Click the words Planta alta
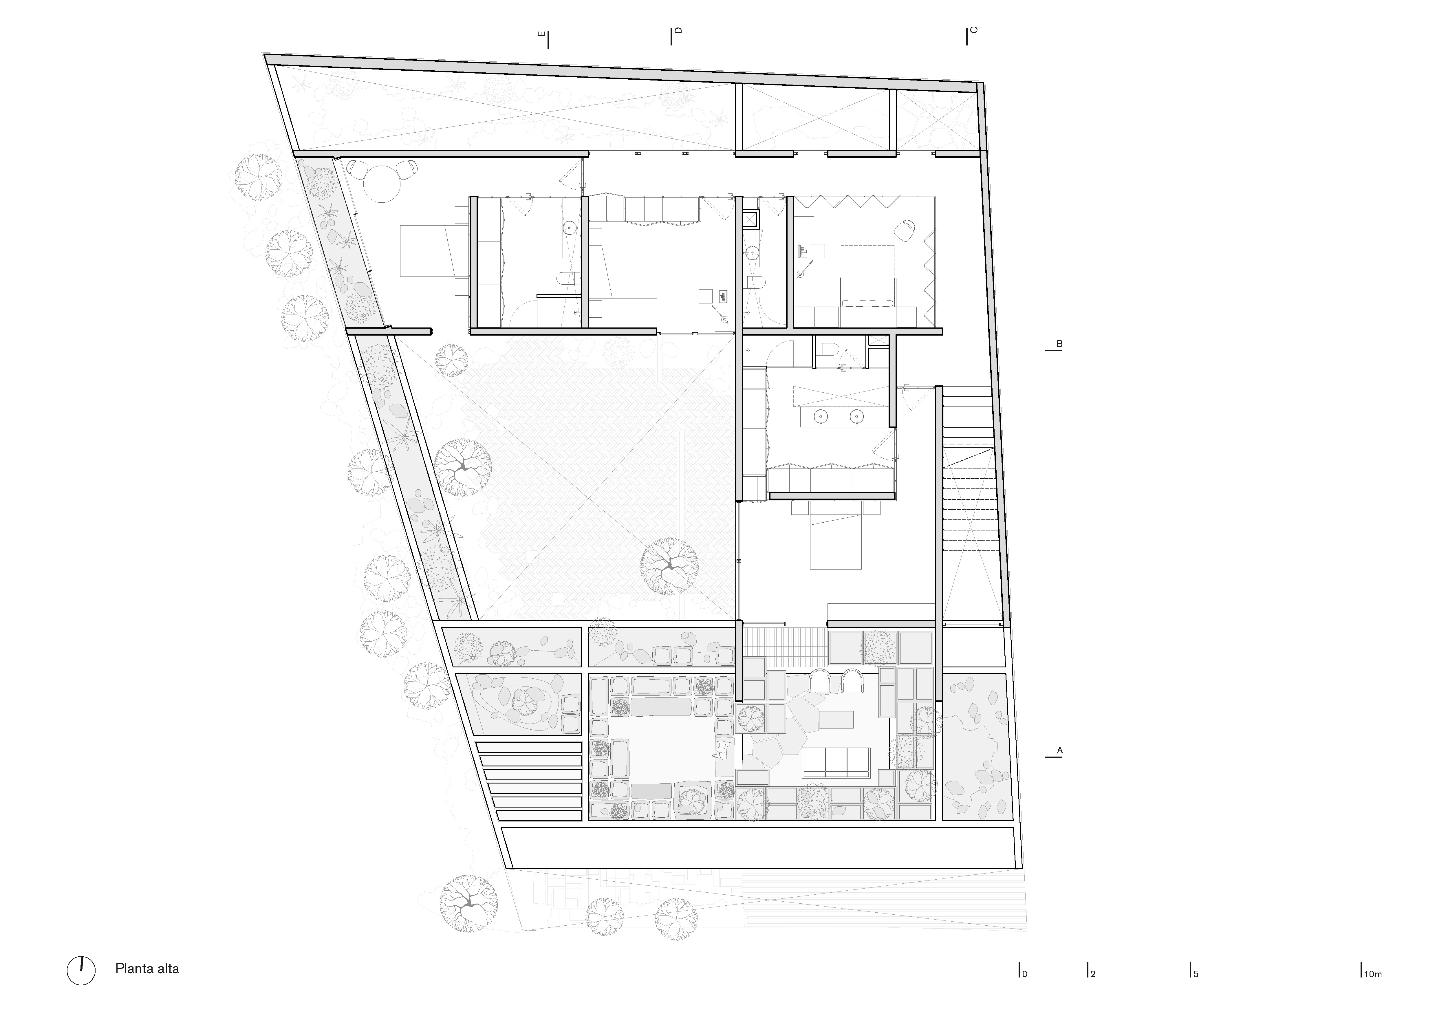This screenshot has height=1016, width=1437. click(x=147, y=969)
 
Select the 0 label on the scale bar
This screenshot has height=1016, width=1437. click(x=1025, y=974)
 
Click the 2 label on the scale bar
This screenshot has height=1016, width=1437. click(x=1093, y=974)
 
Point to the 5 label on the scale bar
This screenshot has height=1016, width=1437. click(x=1196, y=974)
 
